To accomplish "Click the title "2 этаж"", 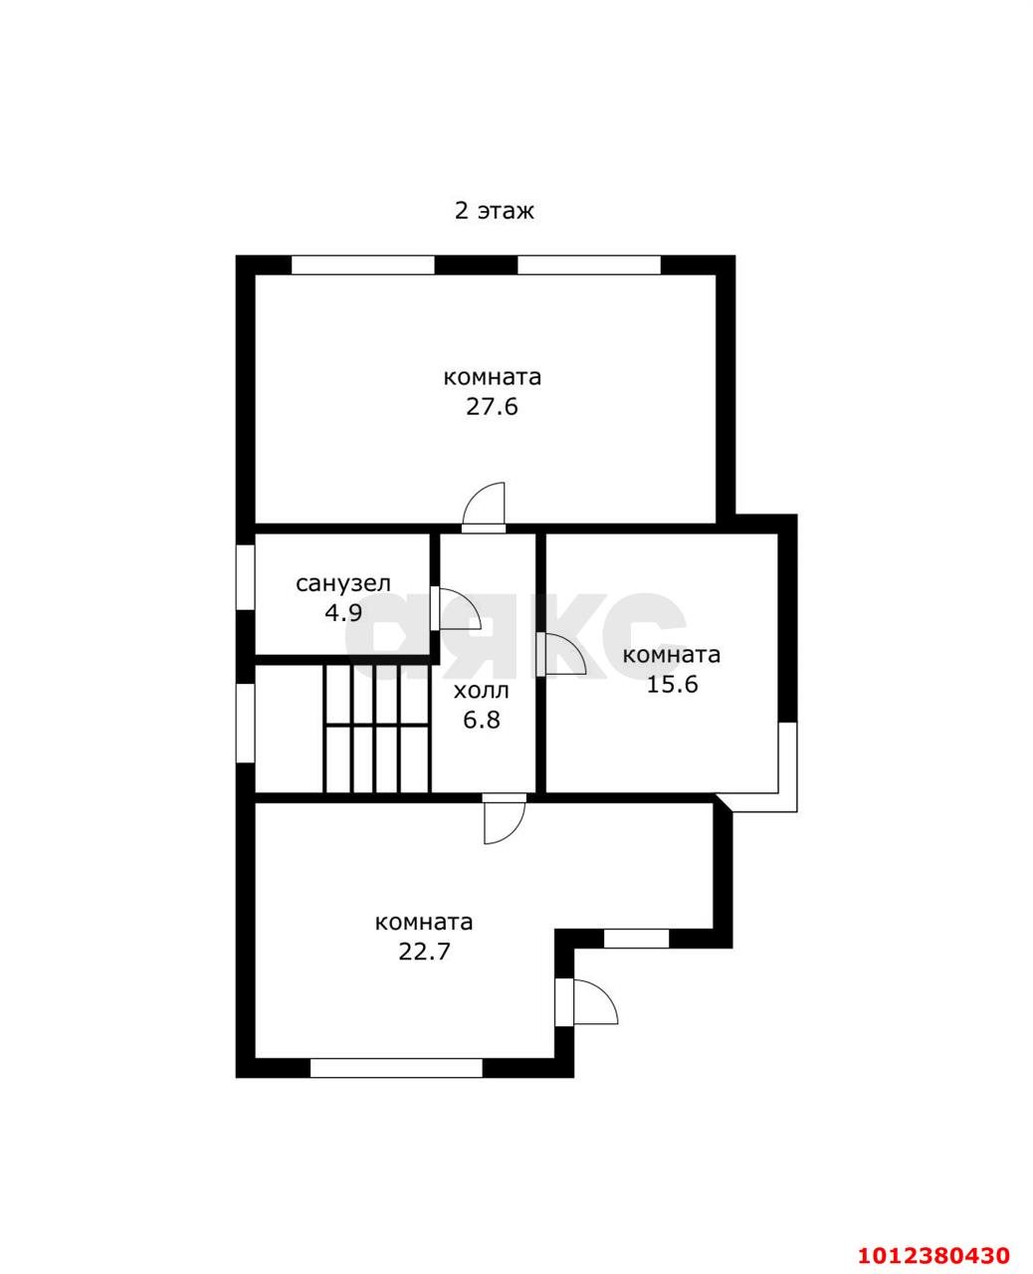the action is [x=494, y=211].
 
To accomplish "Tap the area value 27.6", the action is [x=492, y=407].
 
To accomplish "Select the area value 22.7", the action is [x=424, y=952].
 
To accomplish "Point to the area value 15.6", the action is [x=673, y=685].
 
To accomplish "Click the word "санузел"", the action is [x=343, y=584].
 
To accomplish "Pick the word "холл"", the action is [x=482, y=692].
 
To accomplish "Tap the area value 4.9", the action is [x=343, y=613].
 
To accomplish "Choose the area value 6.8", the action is [x=482, y=721].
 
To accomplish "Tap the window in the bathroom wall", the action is [x=245, y=577].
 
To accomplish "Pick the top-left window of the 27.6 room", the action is [x=362, y=265].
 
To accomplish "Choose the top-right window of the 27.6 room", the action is [x=589, y=265].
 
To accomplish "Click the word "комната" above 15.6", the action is [x=672, y=656].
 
